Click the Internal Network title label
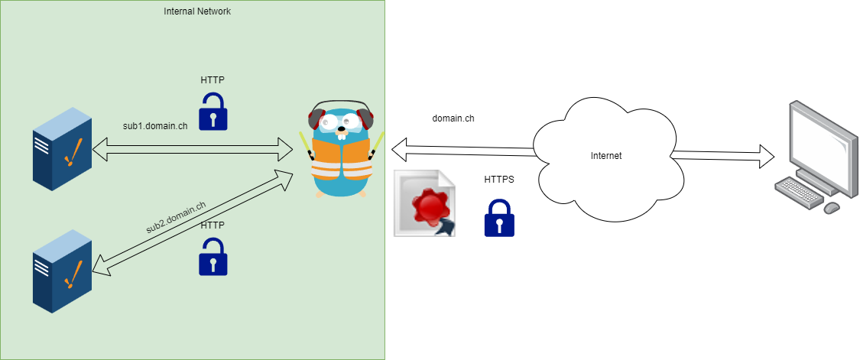tap(197, 11)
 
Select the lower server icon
tap(62, 271)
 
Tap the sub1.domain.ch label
tap(155, 126)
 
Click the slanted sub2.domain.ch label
tap(176, 216)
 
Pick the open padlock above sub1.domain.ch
tap(213, 112)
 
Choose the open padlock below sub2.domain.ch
tap(213, 257)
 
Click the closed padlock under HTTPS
tap(499, 219)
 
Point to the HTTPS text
tap(499, 180)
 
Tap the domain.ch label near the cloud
tap(453, 118)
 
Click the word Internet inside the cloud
tap(606, 156)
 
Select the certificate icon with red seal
tap(425, 204)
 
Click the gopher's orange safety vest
tap(342, 161)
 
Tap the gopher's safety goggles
tap(341, 121)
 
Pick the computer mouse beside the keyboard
tap(832, 207)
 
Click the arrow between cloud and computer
tap(722, 157)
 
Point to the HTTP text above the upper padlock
tap(213, 79)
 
